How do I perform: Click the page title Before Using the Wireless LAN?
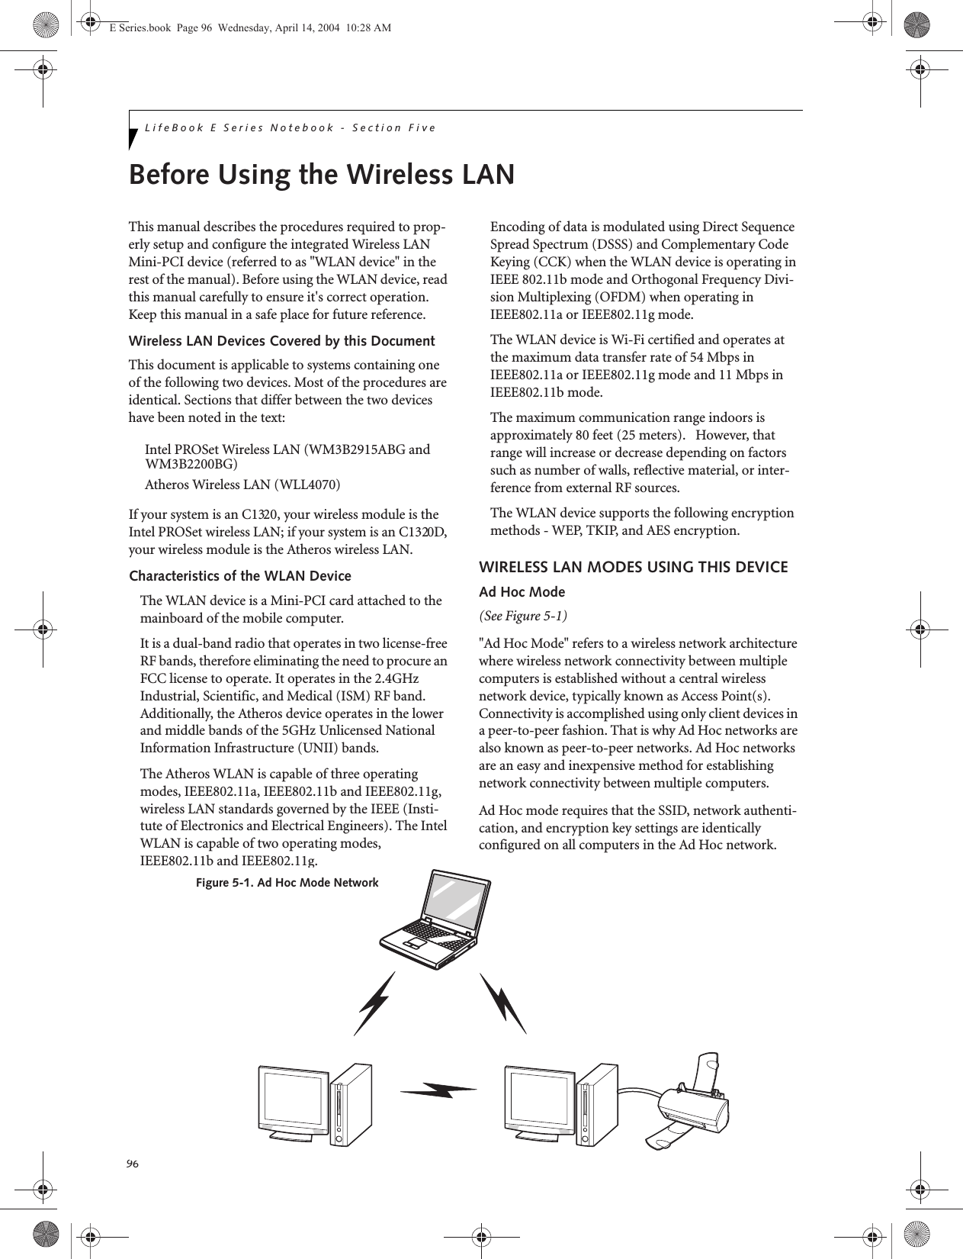pos(322,175)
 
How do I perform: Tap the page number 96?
pos(133,1163)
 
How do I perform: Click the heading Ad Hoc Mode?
pos(522,592)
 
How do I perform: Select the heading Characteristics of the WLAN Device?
pos(240,576)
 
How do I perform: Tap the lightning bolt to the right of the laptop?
pos(504,1002)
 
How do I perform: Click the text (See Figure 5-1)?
pos(523,616)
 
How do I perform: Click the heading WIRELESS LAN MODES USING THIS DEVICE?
pos(633,568)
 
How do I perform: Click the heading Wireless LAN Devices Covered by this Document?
pos(282,340)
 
